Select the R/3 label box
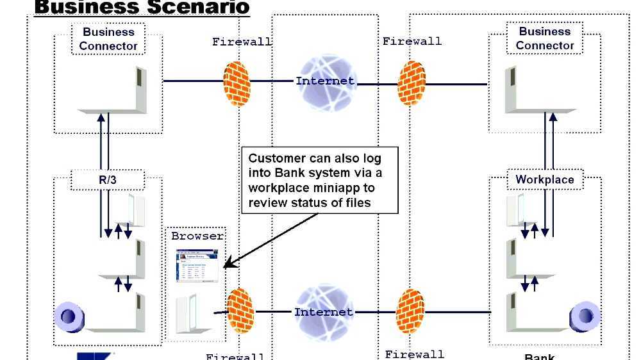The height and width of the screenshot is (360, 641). tap(108, 180)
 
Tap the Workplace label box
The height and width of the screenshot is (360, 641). tap(544, 180)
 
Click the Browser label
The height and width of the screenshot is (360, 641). tap(197, 236)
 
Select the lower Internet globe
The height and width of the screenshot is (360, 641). tap(323, 313)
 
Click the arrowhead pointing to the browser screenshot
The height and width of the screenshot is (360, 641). tap(228, 264)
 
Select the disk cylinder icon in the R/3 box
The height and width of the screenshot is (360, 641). tap(70, 316)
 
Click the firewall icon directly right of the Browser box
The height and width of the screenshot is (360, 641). tap(241, 311)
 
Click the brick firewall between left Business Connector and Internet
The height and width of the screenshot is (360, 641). tap(237, 83)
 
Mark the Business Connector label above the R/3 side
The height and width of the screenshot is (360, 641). tap(108, 39)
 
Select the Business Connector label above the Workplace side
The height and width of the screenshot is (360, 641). tap(544, 38)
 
